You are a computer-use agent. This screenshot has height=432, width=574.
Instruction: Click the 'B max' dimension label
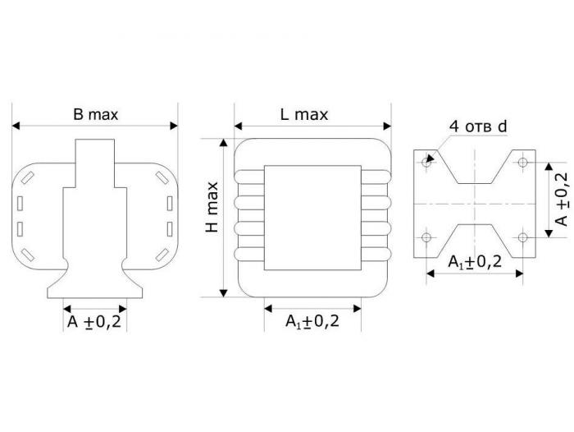pyautogui.click(x=96, y=114)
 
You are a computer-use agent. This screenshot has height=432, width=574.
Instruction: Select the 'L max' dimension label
pyautogui.click(x=304, y=114)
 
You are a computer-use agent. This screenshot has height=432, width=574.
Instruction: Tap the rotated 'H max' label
pyautogui.click(x=212, y=207)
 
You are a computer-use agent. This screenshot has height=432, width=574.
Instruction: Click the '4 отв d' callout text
pyautogui.click(x=478, y=126)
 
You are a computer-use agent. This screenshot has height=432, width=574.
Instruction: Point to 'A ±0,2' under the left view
pyautogui.click(x=94, y=322)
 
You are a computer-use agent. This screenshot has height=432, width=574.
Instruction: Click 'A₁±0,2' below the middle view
pyautogui.click(x=312, y=321)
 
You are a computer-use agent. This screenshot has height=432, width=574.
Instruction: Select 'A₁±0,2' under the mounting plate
pyautogui.click(x=475, y=262)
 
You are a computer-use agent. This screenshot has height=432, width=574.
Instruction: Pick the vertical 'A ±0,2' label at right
pyautogui.click(x=562, y=200)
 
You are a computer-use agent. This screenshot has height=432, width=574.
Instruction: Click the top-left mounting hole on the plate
pyautogui.click(x=426, y=162)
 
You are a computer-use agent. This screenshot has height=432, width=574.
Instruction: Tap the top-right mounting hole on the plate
pyautogui.click(x=523, y=162)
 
